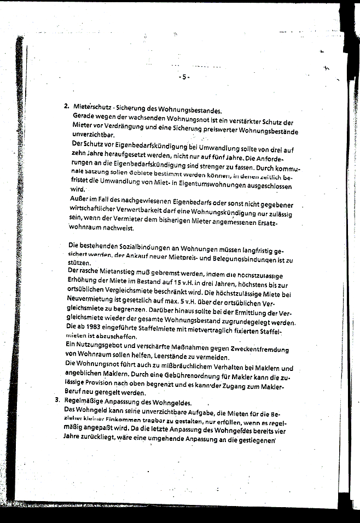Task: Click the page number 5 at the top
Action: pos(184,77)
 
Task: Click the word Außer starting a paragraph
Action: pos(80,200)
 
